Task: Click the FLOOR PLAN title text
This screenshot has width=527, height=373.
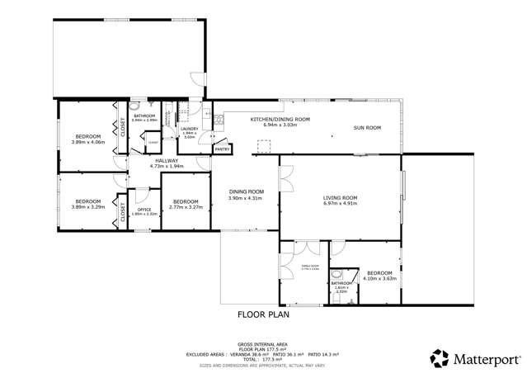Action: (x=263, y=314)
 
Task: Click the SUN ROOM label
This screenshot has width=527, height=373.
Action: (x=367, y=128)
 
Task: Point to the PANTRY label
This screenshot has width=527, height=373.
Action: (x=222, y=149)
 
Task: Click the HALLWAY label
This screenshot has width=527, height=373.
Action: (x=167, y=161)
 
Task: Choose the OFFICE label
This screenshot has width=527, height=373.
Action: (x=144, y=210)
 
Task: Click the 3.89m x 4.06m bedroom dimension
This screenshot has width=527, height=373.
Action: (x=88, y=141)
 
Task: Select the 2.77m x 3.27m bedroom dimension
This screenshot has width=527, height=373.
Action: (x=186, y=207)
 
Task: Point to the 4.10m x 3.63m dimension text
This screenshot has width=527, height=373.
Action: (x=379, y=278)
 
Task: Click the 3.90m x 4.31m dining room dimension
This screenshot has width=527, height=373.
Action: (x=244, y=198)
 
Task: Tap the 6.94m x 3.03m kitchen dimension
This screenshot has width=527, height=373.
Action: (x=280, y=125)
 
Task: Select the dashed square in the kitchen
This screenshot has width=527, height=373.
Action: (x=264, y=146)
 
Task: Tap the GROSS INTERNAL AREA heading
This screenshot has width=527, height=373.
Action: (x=262, y=342)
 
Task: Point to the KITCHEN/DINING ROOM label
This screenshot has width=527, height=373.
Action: (x=280, y=119)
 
